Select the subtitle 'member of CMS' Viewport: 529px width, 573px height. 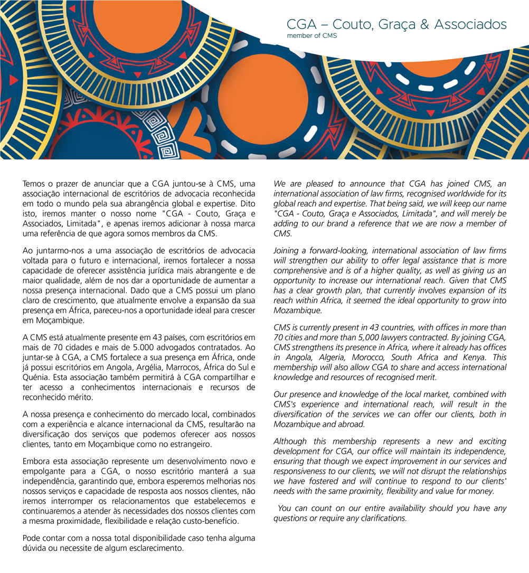(x=311, y=36)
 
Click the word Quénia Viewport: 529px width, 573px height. (x=34, y=377)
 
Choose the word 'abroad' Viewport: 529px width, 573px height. (x=349, y=424)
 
